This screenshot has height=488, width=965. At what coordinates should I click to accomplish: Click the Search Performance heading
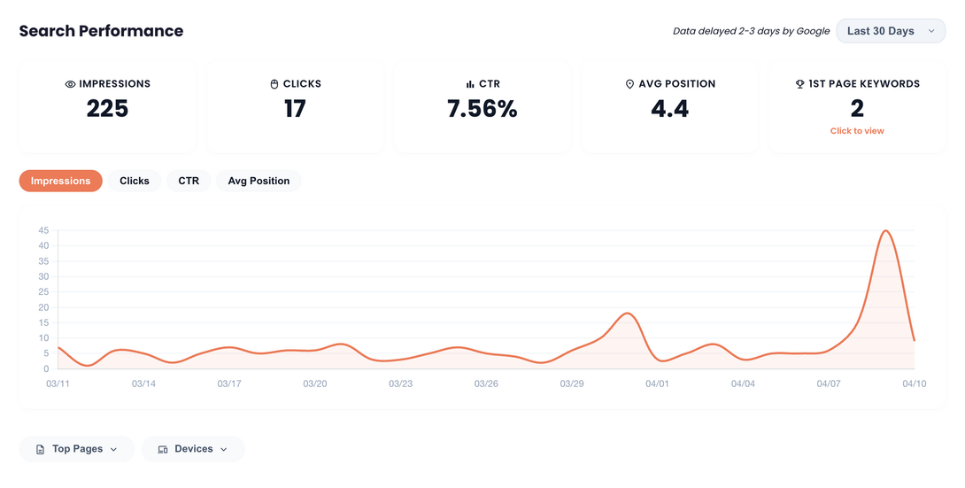101,31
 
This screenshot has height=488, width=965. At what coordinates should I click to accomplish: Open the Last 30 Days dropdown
891,31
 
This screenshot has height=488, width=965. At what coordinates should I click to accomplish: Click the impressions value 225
107,109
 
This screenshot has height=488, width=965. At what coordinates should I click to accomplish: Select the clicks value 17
295,109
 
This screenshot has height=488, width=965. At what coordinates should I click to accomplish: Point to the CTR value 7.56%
482,109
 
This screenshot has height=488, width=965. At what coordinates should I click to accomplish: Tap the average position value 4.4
669,109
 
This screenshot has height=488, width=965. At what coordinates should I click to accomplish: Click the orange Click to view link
856,131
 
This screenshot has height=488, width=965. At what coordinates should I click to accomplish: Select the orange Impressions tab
60,181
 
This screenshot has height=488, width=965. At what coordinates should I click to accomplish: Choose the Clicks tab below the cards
135,181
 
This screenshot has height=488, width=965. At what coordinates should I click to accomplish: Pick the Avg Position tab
259,181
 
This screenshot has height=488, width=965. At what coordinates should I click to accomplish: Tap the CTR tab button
189,181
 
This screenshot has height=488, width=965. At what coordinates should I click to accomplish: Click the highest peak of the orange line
885,231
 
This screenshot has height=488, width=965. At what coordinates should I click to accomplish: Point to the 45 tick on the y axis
43,231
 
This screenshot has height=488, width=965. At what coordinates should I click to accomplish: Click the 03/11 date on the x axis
58,383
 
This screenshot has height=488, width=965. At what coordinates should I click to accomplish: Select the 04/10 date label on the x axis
914,383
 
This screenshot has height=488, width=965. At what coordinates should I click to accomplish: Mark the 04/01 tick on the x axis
657,383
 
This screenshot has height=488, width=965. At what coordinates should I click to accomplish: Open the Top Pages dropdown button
76,449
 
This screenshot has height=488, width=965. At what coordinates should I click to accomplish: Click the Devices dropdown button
193,449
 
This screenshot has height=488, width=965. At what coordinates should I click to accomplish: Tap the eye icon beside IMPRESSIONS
70,84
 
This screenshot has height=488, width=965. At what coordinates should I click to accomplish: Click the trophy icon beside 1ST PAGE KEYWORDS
799,84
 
